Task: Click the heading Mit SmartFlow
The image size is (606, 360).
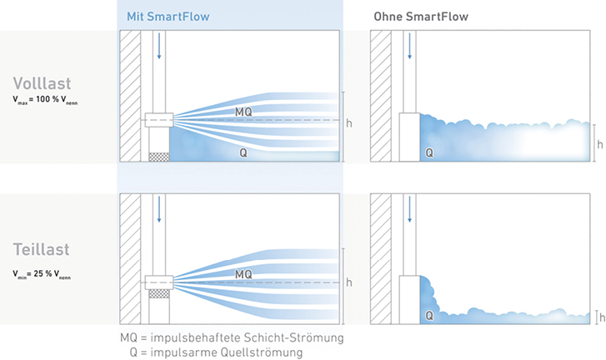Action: point(168,17)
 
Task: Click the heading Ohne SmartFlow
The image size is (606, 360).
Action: point(421,17)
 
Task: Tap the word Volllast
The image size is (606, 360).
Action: point(42,83)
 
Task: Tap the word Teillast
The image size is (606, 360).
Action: point(42,249)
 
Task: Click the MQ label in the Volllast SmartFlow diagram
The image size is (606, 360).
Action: point(243,112)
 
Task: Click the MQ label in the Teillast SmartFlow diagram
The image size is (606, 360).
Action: point(243,274)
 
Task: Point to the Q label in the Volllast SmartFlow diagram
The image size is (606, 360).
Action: point(243,153)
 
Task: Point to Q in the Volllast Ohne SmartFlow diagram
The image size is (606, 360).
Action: point(429,153)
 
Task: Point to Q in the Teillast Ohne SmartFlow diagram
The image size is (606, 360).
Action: point(429,316)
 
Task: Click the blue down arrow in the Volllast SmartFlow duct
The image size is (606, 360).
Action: point(159,46)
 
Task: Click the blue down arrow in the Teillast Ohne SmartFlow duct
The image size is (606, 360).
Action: point(409,209)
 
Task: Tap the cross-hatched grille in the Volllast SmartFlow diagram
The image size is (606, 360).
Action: point(159,157)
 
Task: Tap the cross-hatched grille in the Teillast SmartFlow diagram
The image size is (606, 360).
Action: point(159,293)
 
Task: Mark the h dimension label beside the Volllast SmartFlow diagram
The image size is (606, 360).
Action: point(349,123)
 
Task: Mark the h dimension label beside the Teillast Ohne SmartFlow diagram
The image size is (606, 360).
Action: point(602,317)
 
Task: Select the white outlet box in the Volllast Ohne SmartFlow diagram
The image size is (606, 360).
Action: point(409,137)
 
